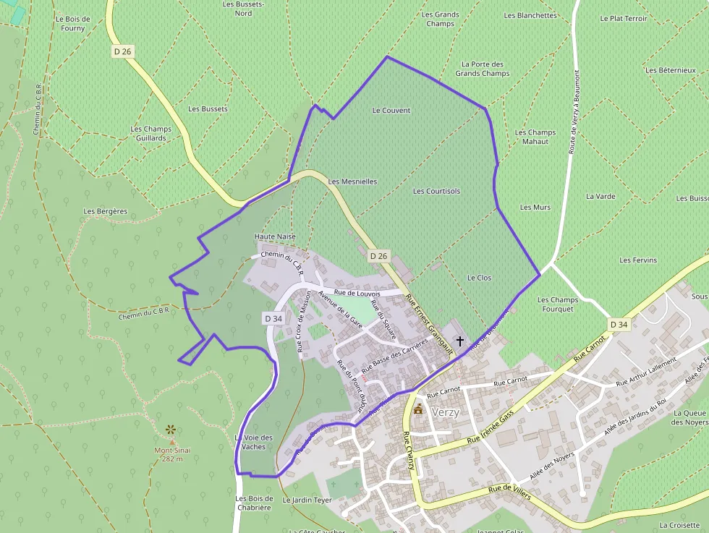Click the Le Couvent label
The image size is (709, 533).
[391, 111]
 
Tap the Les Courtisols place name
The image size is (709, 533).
[436, 191]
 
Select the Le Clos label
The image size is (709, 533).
[479, 278]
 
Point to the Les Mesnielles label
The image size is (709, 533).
[352, 182]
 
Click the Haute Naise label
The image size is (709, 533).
[275, 236]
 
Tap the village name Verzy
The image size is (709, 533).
[445, 412]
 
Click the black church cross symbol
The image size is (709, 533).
[459, 341]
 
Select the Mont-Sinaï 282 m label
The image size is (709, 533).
[171, 454]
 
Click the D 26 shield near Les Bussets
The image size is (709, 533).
[122, 51]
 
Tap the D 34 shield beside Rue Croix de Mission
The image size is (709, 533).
[273, 318]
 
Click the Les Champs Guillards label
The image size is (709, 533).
[151, 134]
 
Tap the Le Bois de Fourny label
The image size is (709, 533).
[73, 24]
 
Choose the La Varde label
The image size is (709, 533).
[600, 196]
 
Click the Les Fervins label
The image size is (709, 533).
[638, 260]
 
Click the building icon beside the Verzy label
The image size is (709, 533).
[417, 410]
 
